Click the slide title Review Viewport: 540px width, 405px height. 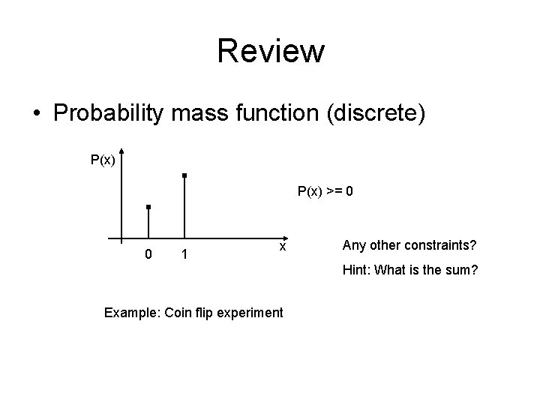click(271, 52)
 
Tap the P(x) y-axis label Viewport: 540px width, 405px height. click(103, 160)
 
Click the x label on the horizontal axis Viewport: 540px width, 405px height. click(282, 246)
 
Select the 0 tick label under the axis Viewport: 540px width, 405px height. click(148, 255)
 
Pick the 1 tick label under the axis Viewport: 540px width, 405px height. click(184, 255)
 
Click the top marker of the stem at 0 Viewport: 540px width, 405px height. click(148, 206)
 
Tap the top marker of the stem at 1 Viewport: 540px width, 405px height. click(184, 175)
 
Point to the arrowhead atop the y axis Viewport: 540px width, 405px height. click(121, 151)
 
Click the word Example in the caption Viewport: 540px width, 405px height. click(127, 312)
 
